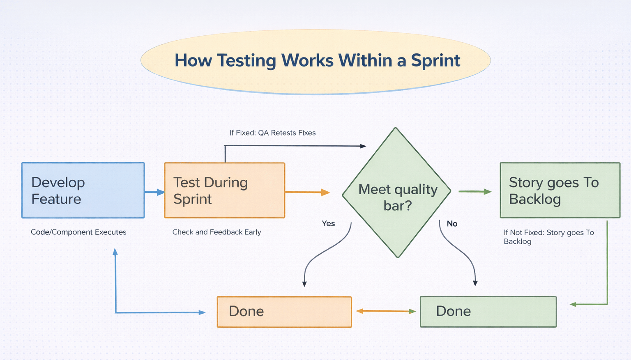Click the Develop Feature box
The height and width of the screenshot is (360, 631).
coord(83,190)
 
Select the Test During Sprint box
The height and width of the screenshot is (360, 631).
coord(224,190)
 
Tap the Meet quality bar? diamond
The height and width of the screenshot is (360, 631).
coord(397,193)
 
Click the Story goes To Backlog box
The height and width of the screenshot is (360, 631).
coord(560,190)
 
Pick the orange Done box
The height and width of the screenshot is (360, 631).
coord(284,312)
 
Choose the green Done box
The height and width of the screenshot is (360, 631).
coord(488,312)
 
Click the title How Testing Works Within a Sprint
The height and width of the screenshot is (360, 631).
coord(317,61)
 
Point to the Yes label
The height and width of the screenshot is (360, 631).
coord(328,223)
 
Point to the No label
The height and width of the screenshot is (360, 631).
coord(452,223)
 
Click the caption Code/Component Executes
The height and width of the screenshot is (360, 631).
coord(78,232)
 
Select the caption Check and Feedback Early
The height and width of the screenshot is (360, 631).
coord(216,232)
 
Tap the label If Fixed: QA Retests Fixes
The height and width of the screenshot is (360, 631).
coord(272,133)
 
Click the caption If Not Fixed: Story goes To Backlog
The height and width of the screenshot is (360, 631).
coord(548,237)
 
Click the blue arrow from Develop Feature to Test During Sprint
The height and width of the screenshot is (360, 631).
coord(154,192)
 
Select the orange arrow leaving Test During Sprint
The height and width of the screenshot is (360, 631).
coord(307,192)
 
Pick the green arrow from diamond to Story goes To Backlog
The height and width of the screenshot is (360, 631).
coord(475,191)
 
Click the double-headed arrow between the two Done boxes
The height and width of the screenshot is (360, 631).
coord(386,311)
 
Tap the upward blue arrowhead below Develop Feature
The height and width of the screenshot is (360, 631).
coord(115,252)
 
